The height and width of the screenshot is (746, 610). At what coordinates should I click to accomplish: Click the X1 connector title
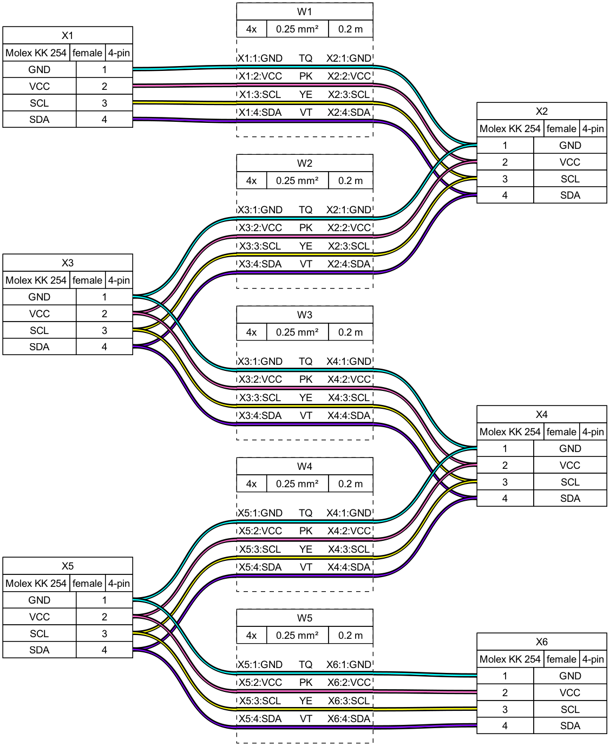pyautogui.click(x=67, y=35)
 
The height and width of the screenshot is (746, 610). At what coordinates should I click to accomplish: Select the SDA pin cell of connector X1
pyautogui.click(x=40, y=120)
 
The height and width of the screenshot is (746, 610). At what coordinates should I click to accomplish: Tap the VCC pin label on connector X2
pyautogui.click(x=569, y=162)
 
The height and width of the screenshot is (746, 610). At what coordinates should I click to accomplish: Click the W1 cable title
pyautogui.click(x=304, y=12)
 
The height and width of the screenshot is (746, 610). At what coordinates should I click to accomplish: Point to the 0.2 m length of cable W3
pyautogui.click(x=350, y=332)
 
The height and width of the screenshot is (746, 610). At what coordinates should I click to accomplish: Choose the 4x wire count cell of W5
pyautogui.click(x=251, y=635)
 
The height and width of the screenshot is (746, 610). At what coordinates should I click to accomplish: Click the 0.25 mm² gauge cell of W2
pyautogui.click(x=297, y=180)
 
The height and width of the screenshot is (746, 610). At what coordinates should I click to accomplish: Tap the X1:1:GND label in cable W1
pyautogui.click(x=260, y=58)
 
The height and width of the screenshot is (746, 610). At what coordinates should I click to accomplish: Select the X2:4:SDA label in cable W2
pyautogui.click(x=349, y=264)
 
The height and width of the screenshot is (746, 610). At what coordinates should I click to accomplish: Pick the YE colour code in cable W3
pyautogui.click(x=306, y=397)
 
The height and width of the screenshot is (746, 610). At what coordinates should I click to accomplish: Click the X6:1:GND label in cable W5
pyautogui.click(x=349, y=664)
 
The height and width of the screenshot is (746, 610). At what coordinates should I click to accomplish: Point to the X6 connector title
pyautogui.click(x=541, y=642)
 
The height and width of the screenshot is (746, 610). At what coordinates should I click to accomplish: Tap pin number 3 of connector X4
pyautogui.click(x=504, y=482)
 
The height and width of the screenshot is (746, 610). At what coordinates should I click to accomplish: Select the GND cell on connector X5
pyautogui.click(x=40, y=600)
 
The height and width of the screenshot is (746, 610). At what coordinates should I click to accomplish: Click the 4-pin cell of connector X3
pyautogui.click(x=119, y=280)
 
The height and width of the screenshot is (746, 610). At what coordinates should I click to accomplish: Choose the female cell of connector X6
pyautogui.click(x=561, y=659)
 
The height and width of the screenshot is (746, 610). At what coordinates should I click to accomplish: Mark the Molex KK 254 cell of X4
pyautogui.click(x=509, y=431)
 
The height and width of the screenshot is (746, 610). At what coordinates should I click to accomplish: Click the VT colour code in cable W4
pyautogui.click(x=306, y=567)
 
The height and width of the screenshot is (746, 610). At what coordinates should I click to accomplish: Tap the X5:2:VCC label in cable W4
pyautogui.click(x=260, y=531)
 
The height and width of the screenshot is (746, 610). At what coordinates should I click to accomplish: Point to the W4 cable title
pyautogui.click(x=304, y=466)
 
